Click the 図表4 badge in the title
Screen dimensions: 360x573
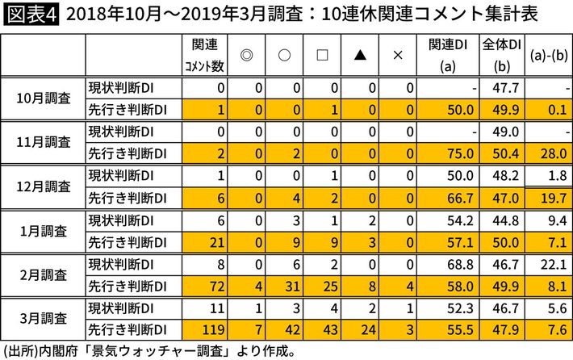pyautogui.click(x=30, y=15)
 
